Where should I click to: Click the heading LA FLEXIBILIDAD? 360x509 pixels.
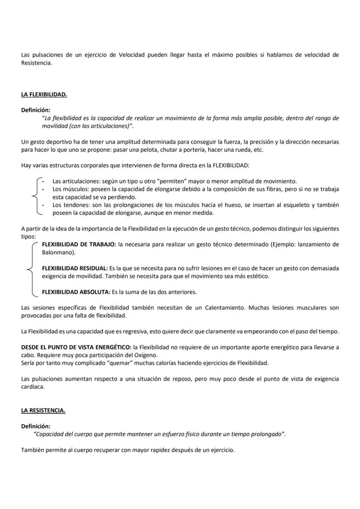(x=44, y=95)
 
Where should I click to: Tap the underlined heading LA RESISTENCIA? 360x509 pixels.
(x=43, y=410)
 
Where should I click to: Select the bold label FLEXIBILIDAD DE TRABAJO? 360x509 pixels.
(x=79, y=245)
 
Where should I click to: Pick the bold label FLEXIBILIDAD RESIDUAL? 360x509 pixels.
(x=75, y=268)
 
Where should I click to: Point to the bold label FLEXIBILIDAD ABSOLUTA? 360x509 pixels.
(x=76, y=292)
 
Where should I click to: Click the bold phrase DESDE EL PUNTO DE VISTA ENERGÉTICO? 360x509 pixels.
(x=76, y=347)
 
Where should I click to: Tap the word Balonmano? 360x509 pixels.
(x=58, y=252)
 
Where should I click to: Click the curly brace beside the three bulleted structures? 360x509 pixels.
(x=35, y=196)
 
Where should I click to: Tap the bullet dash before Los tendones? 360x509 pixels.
(x=43, y=205)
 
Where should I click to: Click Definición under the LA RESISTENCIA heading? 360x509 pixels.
(x=36, y=426)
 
